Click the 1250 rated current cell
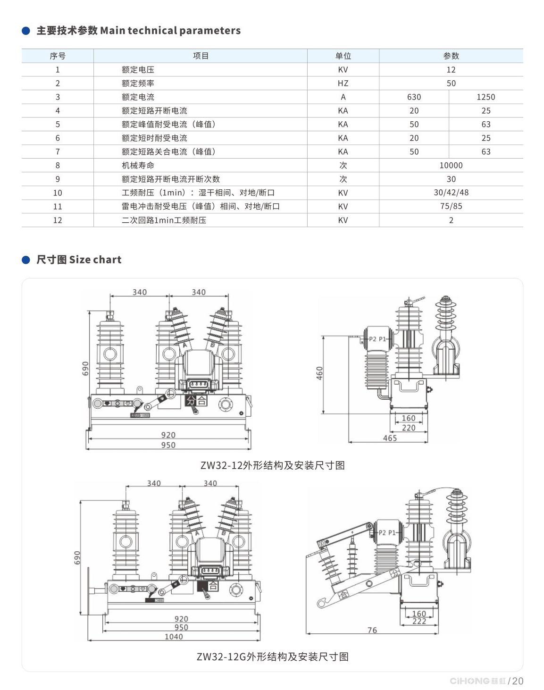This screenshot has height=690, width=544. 485,97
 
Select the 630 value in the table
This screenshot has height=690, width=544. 414,97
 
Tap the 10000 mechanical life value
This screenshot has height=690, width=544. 451,165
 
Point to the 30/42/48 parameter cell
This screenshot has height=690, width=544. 451,193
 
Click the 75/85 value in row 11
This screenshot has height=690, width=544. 451,206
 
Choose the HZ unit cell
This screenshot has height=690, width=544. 343,83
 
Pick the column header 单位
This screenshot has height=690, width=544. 343,56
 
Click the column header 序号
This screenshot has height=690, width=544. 58,56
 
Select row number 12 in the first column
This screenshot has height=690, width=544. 58,220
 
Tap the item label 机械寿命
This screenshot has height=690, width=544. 138,165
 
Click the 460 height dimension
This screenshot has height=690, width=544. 319,373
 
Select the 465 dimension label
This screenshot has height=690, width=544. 390,438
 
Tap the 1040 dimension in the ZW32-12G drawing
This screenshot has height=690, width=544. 174,637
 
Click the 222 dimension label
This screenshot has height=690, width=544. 419,621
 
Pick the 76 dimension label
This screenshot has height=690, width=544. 372,630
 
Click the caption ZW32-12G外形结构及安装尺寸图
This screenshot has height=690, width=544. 272,656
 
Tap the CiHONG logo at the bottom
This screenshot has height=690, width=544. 477,681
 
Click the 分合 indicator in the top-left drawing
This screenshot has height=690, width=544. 196,401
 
